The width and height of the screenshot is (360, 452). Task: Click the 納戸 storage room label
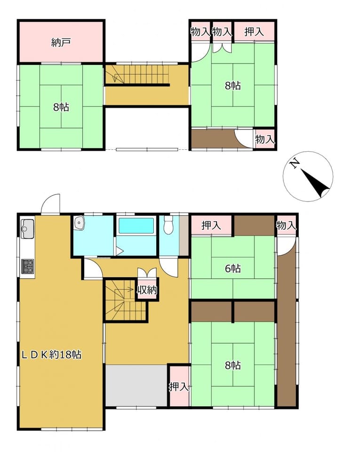(x=61, y=43)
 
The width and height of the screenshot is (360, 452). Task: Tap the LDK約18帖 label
(x=52, y=354)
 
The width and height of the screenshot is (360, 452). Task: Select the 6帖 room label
(x=232, y=269)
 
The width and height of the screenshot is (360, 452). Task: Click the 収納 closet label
(x=147, y=290)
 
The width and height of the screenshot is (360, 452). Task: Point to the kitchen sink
(x=27, y=229)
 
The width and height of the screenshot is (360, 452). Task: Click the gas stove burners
(x=28, y=266)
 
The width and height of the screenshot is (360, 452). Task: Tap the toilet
(x=168, y=225)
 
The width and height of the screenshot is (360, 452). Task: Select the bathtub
(x=136, y=226)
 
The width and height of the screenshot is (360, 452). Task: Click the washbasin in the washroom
(x=79, y=223)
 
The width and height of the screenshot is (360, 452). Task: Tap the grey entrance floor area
(x=136, y=386)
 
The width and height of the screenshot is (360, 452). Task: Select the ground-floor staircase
(x=125, y=300)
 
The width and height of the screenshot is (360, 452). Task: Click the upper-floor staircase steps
(x=137, y=74)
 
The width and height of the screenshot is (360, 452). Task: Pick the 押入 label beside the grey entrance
(x=179, y=386)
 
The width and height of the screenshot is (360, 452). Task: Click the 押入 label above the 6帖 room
(x=211, y=225)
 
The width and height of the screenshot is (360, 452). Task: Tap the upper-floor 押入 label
(x=254, y=32)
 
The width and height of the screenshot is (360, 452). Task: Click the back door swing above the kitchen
(x=51, y=204)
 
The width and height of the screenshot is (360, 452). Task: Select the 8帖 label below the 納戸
(x=61, y=107)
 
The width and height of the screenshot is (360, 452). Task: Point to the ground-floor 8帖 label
(x=232, y=365)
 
